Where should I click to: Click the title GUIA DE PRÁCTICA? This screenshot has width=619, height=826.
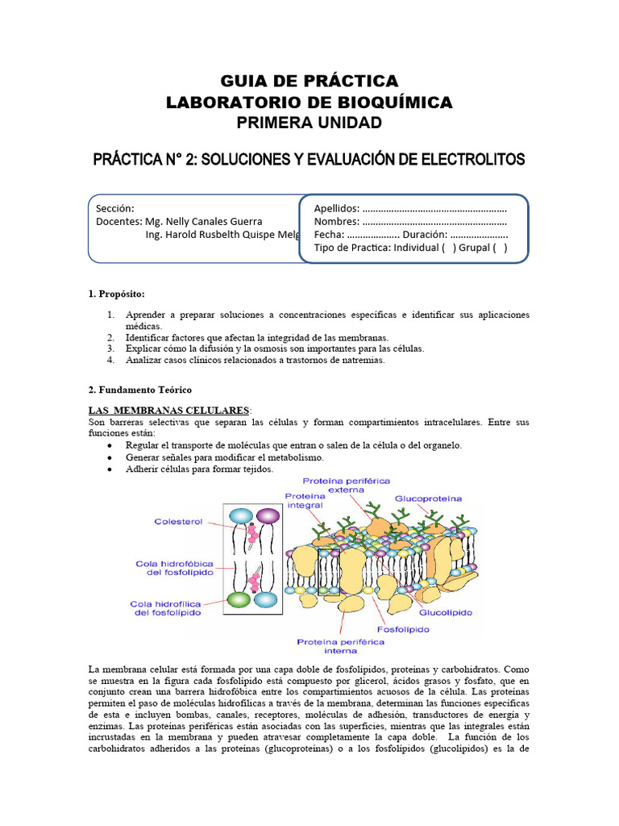tap(309, 81)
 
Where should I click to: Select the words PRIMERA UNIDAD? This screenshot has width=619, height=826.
tap(309, 123)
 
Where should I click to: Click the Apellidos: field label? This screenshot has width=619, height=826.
tap(336, 208)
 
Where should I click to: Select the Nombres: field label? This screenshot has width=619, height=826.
tap(336, 222)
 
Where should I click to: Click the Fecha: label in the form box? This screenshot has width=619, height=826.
tap(327, 235)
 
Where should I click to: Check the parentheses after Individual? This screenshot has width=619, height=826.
tap(449, 248)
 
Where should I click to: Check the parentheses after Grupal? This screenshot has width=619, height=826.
tap(500, 248)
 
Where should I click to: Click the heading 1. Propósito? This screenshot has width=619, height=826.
tap(117, 292)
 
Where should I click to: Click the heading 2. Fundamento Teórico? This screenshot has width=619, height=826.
tap(139, 390)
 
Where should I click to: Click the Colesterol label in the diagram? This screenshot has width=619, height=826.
tap(178, 522)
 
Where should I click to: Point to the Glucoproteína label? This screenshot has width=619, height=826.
tap(429, 499)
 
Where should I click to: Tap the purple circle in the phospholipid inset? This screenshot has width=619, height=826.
tap(268, 516)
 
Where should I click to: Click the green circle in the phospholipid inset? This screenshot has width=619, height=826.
tap(239, 599)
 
